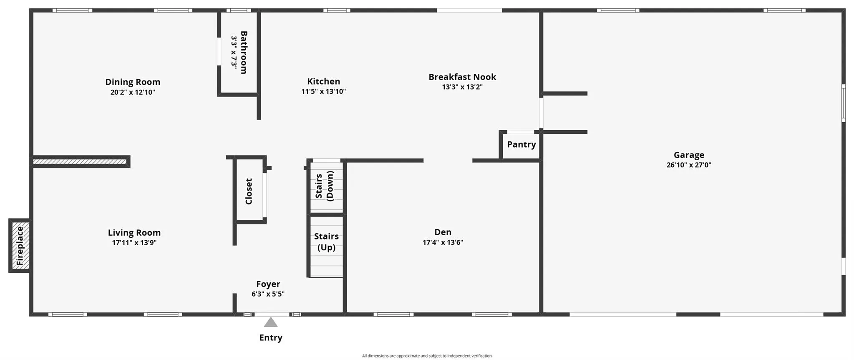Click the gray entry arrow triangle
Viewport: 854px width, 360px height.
click(x=271, y=322)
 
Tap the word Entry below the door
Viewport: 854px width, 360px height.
click(x=271, y=337)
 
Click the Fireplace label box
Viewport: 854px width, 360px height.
click(x=20, y=246)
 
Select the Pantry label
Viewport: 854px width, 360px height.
click(x=521, y=144)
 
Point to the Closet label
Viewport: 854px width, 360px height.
click(x=249, y=191)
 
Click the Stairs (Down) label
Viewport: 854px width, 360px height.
click(x=325, y=186)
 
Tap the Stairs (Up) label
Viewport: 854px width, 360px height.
click(x=326, y=242)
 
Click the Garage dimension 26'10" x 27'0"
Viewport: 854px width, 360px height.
click(x=689, y=165)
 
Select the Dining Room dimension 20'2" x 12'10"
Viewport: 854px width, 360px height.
click(x=133, y=92)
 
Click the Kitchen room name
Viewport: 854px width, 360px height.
click(x=324, y=81)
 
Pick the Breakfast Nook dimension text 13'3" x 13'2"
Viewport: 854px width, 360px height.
click(x=462, y=87)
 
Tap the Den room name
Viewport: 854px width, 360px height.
click(x=443, y=232)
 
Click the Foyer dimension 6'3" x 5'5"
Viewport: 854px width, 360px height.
click(x=268, y=294)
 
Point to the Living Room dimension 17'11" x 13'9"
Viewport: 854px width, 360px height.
click(x=134, y=243)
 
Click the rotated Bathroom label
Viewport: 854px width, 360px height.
click(x=244, y=53)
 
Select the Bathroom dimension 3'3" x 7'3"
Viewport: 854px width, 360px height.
click(x=234, y=53)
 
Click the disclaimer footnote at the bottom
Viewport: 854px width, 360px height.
click(x=427, y=356)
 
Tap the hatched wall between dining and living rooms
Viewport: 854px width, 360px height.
click(x=80, y=161)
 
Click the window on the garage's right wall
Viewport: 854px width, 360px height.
click(x=843, y=103)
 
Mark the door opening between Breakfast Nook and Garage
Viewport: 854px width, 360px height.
click(x=541, y=113)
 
